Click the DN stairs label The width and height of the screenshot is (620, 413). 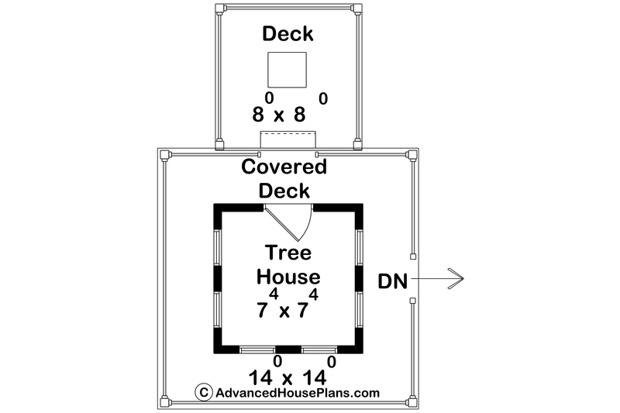[x=392, y=281]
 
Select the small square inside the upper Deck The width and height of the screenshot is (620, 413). [x=287, y=70]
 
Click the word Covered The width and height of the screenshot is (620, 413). [x=284, y=167]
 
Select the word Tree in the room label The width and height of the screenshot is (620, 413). [x=288, y=253]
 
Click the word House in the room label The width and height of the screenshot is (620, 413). [x=288, y=277]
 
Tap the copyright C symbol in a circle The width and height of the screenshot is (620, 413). [x=204, y=392]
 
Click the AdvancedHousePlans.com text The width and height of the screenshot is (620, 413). [x=298, y=393]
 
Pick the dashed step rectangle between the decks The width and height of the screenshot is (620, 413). [x=288, y=140]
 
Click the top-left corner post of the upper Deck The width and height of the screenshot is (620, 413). [x=221, y=9]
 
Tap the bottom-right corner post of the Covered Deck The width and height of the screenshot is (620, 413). [x=412, y=402]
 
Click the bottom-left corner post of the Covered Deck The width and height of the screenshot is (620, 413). [x=164, y=402]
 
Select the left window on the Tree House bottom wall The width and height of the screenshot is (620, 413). [x=257, y=349]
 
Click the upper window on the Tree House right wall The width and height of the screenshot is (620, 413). [x=359, y=247]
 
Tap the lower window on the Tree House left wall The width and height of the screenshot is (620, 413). [x=218, y=309]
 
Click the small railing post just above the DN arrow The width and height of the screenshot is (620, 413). [x=413, y=257]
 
